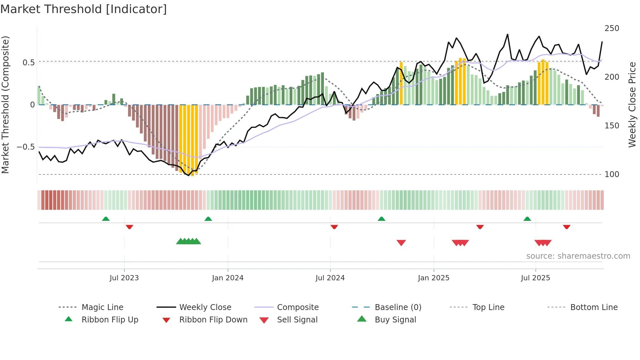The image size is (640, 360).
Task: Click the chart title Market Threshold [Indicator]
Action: (x=84, y=9)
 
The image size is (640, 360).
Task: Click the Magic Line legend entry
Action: (x=102, y=307)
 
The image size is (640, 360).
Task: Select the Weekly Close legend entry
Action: (x=205, y=307)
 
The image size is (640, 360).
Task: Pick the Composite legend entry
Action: (x=297, y=307)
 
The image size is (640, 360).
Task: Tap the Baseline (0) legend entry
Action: (x=398, y=307)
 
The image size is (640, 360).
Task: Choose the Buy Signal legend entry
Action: (x=395, y=320)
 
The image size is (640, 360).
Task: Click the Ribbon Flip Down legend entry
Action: (x=213, y=320)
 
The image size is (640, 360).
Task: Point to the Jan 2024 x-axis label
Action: (x=228, y=278)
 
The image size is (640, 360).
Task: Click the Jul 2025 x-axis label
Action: (x=535, y=278)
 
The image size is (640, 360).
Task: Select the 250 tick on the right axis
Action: (x=612, y=28)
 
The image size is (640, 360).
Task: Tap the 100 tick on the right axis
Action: (x=612, y=174)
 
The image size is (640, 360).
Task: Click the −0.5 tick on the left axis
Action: (x=26, y=147)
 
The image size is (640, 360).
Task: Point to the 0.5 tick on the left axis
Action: (x=28, y=62)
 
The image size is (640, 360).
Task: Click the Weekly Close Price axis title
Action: (x=632, y=105)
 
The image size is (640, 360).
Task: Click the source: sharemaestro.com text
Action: (x=578, y=256)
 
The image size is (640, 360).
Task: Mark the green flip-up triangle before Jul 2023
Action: (x=106, y=219)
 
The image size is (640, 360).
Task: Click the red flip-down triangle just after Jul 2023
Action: (x=129, y=227)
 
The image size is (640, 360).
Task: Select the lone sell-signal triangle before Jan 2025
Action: (x=401, y=243)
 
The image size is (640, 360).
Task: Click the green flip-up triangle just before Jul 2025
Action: (x=527, y=219)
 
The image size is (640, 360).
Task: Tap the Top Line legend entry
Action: (x=488, y=307)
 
